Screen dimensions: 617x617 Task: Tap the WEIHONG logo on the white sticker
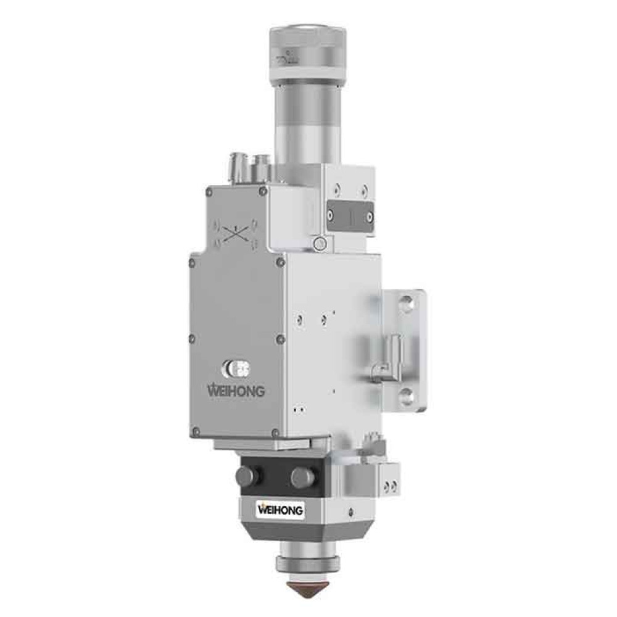tap(281, 510)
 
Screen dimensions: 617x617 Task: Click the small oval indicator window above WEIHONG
tap(236, 369)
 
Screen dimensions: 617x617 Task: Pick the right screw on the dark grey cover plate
tap(370, 217)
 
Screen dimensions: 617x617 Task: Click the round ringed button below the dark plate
tap(320, 244)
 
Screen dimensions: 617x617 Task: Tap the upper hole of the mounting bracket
tap(405, 302)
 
